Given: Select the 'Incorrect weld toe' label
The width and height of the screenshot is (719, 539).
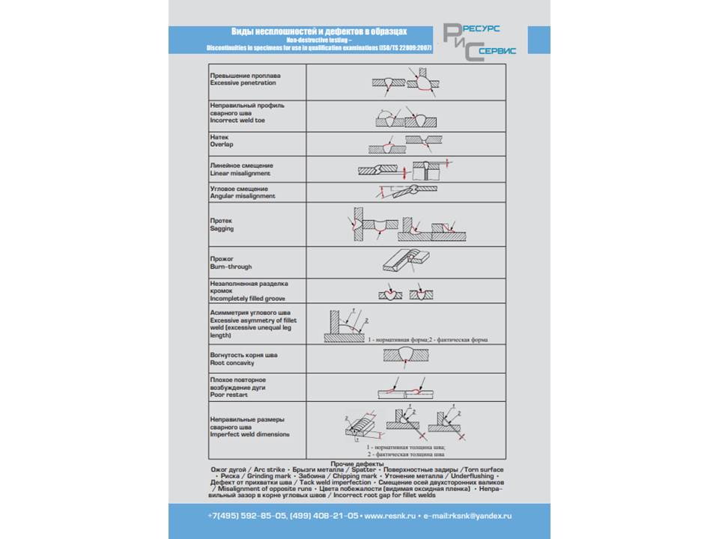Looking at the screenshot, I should coord(237,121).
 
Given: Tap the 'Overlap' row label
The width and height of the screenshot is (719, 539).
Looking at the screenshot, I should coord(222,145).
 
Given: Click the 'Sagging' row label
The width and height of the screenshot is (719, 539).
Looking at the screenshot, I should coord(222,229).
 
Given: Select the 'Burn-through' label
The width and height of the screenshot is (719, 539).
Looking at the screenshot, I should coord(231,267).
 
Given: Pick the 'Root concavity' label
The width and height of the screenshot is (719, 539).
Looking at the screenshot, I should coord(232,363).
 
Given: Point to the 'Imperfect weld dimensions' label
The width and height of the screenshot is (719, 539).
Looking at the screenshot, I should coord(249,435).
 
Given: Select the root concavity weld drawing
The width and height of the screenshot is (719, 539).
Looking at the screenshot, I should coord(405,353).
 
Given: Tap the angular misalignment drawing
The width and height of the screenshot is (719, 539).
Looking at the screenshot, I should coord(403,192).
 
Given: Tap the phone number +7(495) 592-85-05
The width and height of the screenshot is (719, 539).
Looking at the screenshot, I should coord(246,516).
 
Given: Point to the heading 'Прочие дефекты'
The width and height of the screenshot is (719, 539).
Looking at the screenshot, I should coord(358,465).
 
